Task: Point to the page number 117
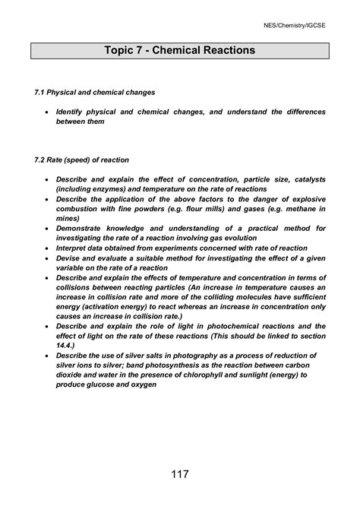180,475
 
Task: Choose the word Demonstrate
84,228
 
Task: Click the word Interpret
74,248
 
